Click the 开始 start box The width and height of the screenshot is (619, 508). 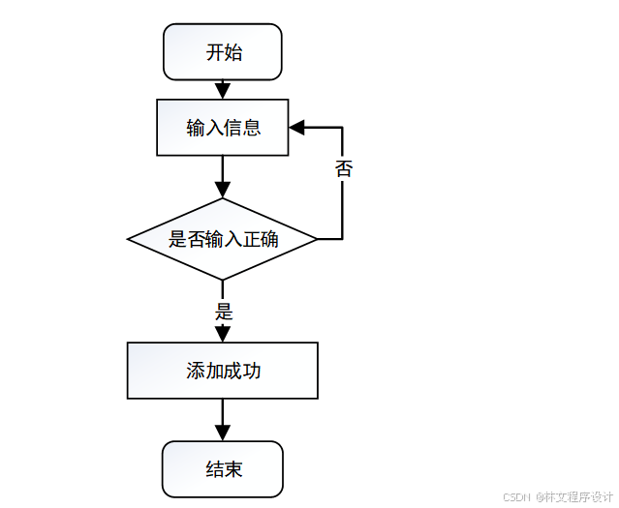point(223,52)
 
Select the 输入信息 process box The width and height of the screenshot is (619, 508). point(223,127)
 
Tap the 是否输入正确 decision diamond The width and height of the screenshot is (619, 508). point(223,239)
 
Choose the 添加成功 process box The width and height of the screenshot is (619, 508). point(223,371)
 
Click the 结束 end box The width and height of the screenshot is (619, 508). point(223,469)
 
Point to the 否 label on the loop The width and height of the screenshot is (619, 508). point(344,169)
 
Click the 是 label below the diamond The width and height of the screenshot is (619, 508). point(224,312)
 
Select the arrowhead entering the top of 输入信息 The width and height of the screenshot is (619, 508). point(223,92)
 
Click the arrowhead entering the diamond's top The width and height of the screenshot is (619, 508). point(223,191)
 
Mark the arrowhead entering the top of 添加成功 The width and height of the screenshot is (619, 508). point(223,334)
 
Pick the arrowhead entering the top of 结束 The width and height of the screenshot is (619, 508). point(223,433)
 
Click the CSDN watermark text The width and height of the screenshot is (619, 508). point(518,496)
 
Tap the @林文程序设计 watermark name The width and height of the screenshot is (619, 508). point(575,496)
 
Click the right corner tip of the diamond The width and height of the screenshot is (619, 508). point(317,239)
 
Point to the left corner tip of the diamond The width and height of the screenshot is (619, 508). point(129,239)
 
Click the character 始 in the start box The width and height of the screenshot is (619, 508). point(233,52)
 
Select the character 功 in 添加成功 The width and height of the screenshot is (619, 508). point(252,371)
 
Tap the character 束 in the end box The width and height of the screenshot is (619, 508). point(233,469)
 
